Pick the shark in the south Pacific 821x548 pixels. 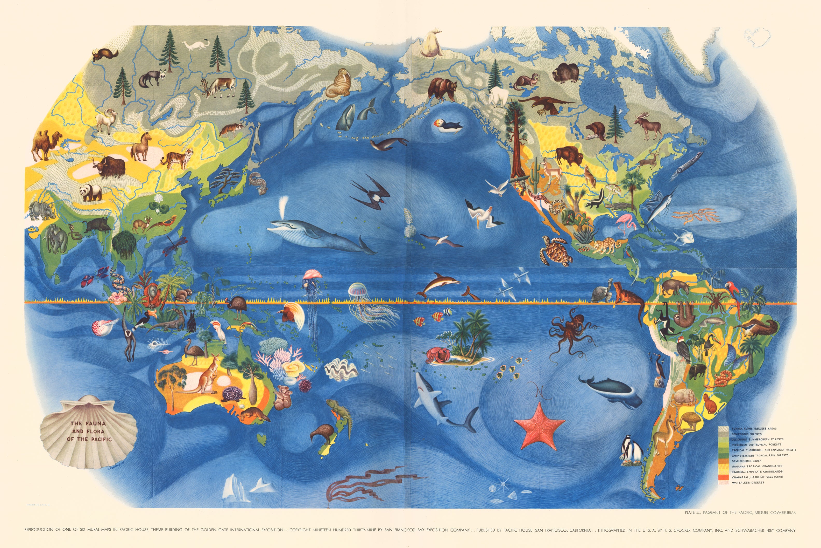click(440, 402)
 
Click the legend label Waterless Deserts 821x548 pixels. click(748, 483)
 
